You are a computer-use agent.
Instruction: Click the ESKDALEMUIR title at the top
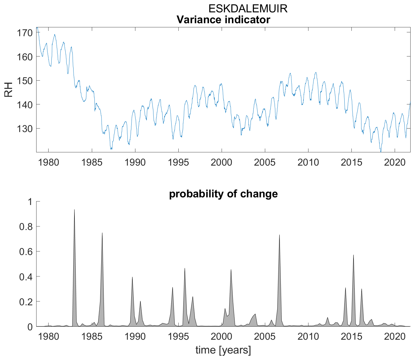click(248, 9)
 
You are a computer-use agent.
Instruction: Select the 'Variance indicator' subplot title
click(223, 20)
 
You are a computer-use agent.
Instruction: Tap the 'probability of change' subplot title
click(223, 194)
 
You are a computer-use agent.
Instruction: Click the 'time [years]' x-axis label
click(223, 350)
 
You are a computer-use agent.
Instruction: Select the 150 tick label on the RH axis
click(23, 81)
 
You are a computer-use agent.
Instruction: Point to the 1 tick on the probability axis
click(29, 202)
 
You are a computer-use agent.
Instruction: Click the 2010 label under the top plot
click(308, 162)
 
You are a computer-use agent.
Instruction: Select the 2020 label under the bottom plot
click(394, 336)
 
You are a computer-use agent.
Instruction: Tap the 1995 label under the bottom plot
click(178, 336)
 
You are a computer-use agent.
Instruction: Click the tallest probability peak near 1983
click(74, 210)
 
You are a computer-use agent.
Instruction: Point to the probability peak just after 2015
click(353, 255)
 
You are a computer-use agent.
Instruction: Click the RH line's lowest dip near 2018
click(381, 152)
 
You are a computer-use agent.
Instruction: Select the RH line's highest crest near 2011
click(316, 73)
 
